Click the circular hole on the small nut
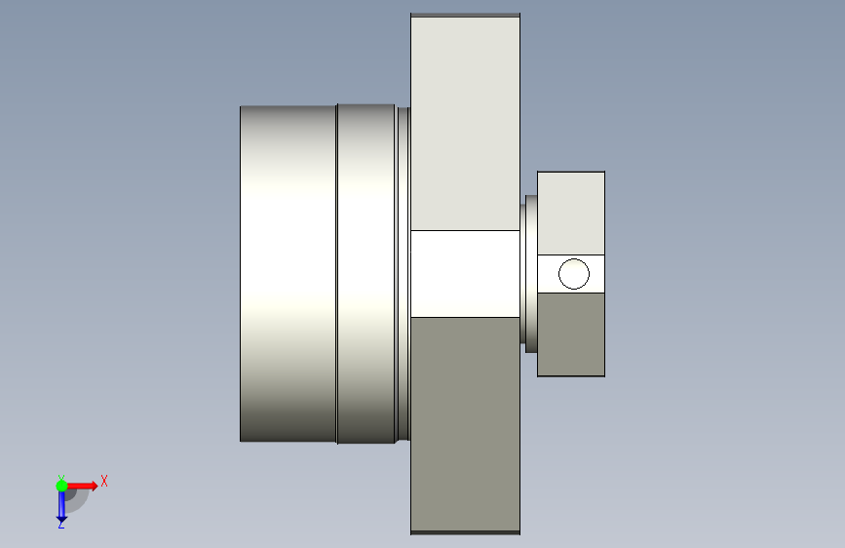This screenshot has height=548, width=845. tap(574, 274)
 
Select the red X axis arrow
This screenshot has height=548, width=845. tap(81, 486)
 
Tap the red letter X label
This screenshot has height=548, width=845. tap(104, 481)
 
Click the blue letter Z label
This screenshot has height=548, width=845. tap(60, 524)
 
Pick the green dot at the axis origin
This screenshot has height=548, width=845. tap(61, 486)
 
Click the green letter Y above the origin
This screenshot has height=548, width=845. tap(60, 478)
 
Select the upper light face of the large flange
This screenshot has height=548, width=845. tap(465, 124)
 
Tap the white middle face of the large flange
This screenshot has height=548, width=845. tap(465, 274)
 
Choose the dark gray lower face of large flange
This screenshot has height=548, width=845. tap(465, 424)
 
